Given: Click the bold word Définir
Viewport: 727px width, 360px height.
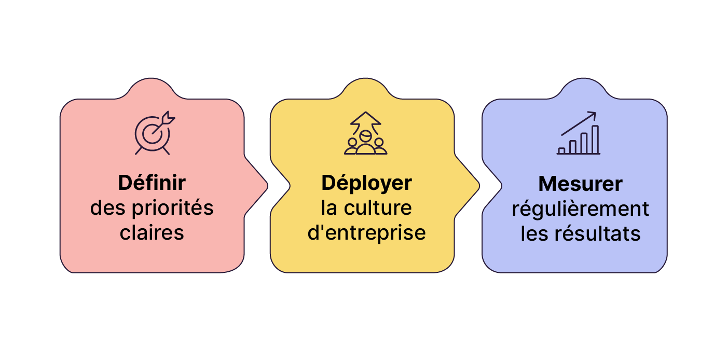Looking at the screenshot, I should (x=152, y=183).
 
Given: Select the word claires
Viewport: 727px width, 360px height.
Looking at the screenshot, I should (x=152, y=232).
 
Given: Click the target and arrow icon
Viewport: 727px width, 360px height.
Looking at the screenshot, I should (x=154, y=133).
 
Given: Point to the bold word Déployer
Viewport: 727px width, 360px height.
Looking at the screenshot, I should (x=366, y=183).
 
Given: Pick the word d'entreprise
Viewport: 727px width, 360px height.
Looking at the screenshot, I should (x=366, y=232).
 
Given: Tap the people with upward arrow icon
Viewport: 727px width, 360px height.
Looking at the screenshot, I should (x=366, y=133).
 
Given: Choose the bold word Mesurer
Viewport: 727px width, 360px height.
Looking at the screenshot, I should (x=580, y=184).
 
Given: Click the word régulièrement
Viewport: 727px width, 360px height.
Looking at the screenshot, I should (x=580, y=209).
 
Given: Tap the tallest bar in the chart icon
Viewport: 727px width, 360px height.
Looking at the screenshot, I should (x=595, y=140).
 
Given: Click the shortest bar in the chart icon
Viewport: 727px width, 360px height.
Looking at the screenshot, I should (x=561, y=151).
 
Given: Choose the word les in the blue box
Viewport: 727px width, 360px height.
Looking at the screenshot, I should (x=534, y=233).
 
